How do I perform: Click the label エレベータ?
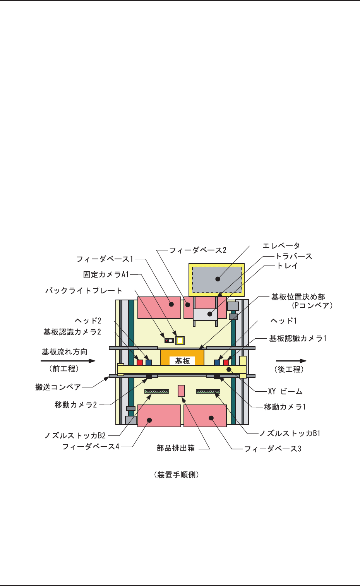(x=281, y=246)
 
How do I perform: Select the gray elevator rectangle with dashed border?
(x=217, y=279)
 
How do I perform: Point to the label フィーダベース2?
(x=198, y=250)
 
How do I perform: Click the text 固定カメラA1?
(x=106, y=274)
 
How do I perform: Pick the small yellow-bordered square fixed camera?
(x=180, y=341)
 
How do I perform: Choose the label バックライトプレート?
(x=84, y=290)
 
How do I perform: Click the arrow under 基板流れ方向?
(x=68, y=361)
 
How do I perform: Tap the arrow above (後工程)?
(x=291, y=361)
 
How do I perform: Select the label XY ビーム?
(x=285, y=391)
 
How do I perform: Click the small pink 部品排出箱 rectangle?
(x=181, y=391)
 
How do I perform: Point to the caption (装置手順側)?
(x=177, y=475)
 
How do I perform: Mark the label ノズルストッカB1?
(x=290, y=434)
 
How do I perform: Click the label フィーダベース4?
(x=91, y=447)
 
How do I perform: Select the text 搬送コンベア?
(x=58, y=387)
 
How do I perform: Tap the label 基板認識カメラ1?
(x=298, y=339)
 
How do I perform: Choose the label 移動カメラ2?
(x=75, y=405)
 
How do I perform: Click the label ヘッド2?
(x=88, y=321)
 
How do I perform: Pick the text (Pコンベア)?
(x=312, y=305)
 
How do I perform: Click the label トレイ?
(x=287, y=266)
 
